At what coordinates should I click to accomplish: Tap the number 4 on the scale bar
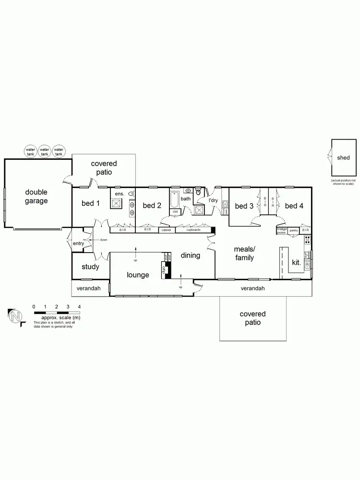[x=79, y=306]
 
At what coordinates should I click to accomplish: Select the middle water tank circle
[x=45, y=152]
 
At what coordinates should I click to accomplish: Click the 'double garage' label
[x=36, y=196]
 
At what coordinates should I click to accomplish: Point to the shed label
[x=343, y=157]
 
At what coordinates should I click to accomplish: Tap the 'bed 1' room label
[x=91, y=204]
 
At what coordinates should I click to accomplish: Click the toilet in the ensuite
[x=130, y=193]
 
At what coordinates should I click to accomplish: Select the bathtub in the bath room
[x=174, y=198]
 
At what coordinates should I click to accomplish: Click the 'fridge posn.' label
[x=282, y=230]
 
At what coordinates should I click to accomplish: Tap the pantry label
[x=294, y=230]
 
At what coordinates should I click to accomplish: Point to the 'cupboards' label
[x=193, y=230]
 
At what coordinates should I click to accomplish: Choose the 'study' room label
[x=90, y=267]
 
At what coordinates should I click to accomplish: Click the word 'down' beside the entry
[x=103, y=240]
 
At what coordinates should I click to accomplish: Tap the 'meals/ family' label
[x=244, y=253]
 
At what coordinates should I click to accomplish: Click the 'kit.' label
[x=297, y=263]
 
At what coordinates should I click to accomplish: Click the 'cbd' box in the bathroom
[x=175, y=212]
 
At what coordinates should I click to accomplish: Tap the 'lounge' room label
[x=138, y=275]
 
